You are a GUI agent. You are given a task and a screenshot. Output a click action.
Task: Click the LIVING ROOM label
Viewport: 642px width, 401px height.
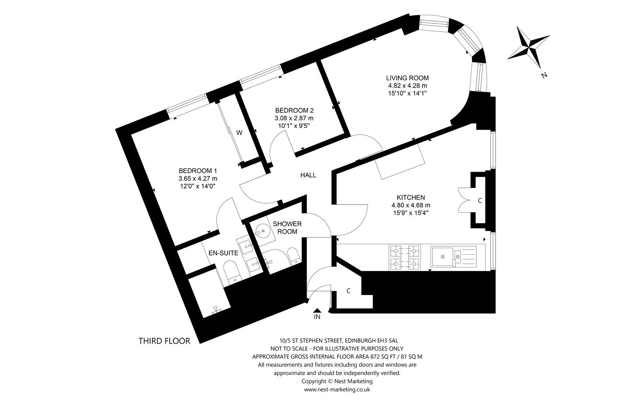click(x=407, y=78)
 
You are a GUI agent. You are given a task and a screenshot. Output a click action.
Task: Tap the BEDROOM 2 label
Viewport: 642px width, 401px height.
click(x=294, y=110)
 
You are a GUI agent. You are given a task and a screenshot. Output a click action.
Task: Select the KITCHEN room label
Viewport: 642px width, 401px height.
click(x=410, y=197)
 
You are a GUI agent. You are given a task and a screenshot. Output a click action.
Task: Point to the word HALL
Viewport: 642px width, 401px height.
click(x=308, y=175)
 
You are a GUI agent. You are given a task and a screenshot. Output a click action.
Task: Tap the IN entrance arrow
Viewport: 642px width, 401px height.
click(x=317, y=310)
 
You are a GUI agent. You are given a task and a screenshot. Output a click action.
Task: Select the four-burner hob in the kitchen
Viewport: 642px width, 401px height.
click(x=404, y=257)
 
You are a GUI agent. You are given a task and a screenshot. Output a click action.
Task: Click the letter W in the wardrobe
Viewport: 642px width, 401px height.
click(x=239, y=133)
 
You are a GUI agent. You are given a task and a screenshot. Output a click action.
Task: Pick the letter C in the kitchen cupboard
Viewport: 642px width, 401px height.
click(x=480, y=200)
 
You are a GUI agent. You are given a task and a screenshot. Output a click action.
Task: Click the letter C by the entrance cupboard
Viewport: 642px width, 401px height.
click(x=349, y=291)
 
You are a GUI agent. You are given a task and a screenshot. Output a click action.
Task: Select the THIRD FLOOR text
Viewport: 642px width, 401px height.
click(x=164, y=341)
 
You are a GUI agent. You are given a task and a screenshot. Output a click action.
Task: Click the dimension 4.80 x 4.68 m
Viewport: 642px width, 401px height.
click(x=410, y=205)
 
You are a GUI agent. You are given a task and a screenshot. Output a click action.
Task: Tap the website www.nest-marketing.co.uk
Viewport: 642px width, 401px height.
click(x=337, y=389)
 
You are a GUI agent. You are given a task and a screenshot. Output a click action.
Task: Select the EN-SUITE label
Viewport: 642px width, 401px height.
click(x=223, y=253)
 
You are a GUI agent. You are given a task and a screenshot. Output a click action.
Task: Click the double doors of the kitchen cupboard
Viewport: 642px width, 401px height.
click(x=464, y=199)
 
